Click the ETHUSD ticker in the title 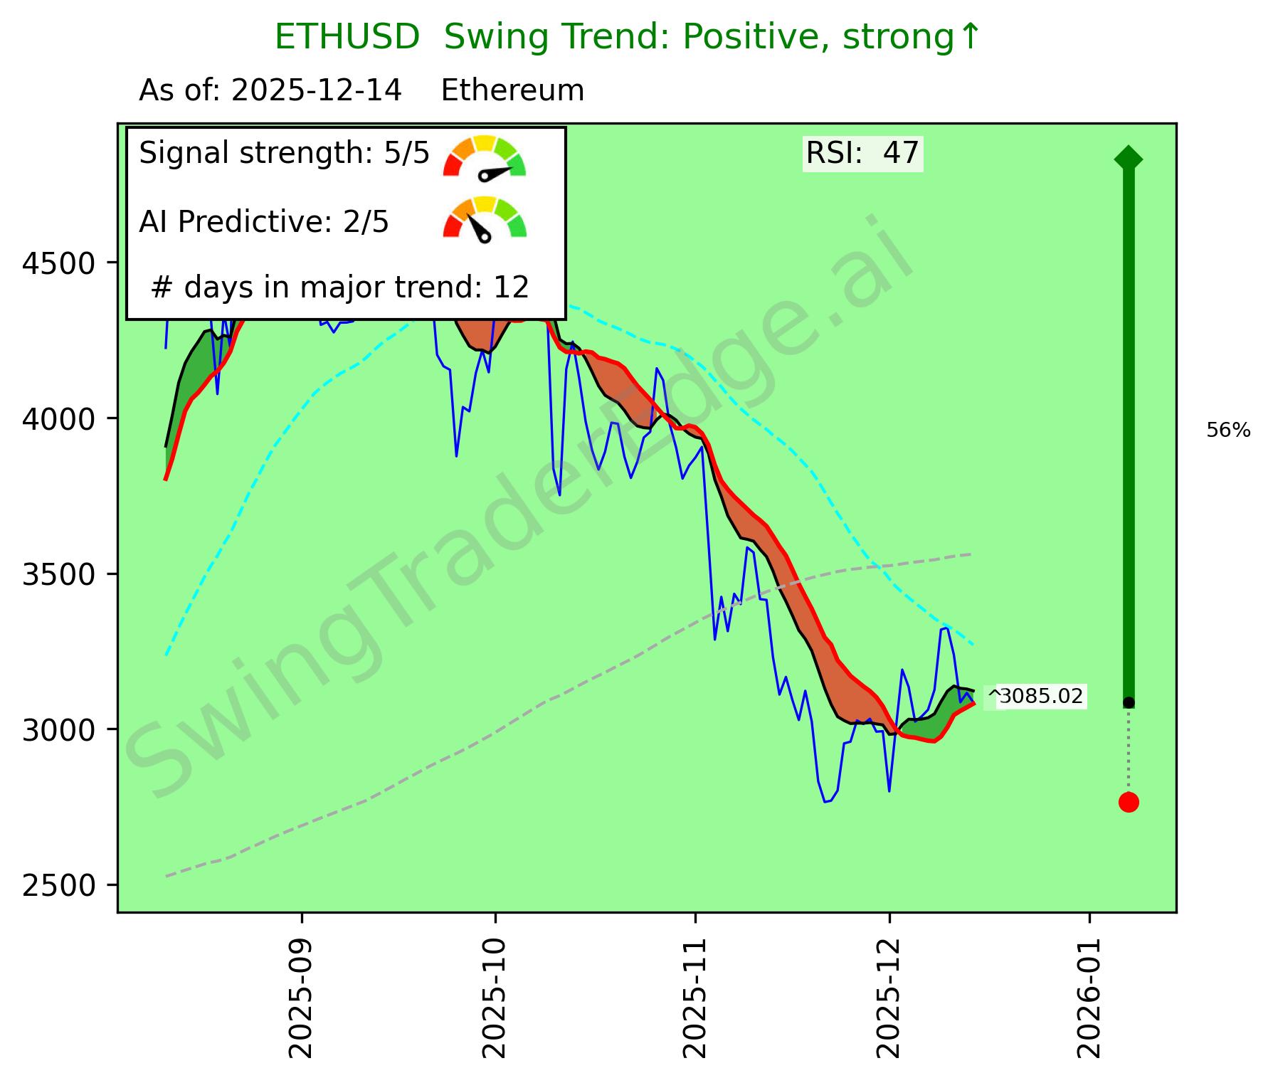pos(347,37)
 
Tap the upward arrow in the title pos(970,37)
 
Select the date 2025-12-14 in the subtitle pos(316,91)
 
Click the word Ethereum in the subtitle pos(512,91)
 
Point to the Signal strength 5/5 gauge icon pos(484,157)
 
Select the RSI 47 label pos(862,153)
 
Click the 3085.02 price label pos(1041,696)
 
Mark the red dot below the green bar pos(1129,802)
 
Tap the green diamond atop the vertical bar pos(1129,158)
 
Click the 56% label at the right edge pos(1228,430)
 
